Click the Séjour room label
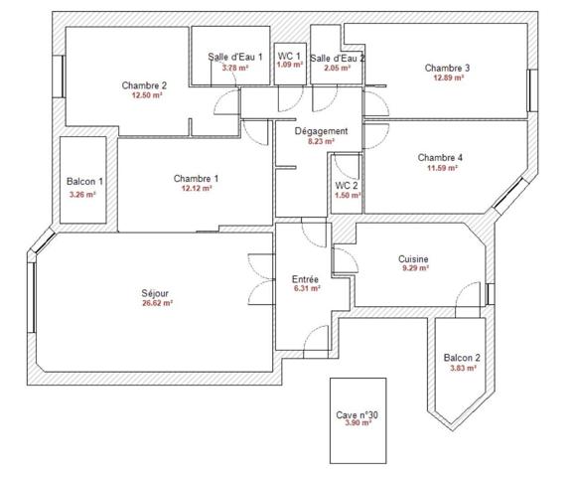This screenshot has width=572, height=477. point(155,293)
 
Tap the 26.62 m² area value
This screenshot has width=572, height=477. point(157,303)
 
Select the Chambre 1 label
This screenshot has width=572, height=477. point(196,179)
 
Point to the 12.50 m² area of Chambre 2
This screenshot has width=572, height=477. point(147,95)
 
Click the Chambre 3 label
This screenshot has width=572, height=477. point(447,68)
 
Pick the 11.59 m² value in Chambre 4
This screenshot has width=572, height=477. point(442,168)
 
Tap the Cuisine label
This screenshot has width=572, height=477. point(413,259)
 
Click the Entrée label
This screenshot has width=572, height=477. point(305,279)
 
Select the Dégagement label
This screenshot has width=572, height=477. point(321,131)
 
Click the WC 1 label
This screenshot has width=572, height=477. point(289,57)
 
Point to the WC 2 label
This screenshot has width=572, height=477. point(347,186)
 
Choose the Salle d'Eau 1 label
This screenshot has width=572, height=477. point(235,57)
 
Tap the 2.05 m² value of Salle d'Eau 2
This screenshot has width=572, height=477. point(338,68)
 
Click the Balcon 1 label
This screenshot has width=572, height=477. point(84,182)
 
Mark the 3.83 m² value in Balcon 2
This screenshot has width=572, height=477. point(464,368)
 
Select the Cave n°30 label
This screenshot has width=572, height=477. point(357,415)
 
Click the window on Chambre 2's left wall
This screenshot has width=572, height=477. point(59,77)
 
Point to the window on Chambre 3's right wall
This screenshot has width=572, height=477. point(532,90)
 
